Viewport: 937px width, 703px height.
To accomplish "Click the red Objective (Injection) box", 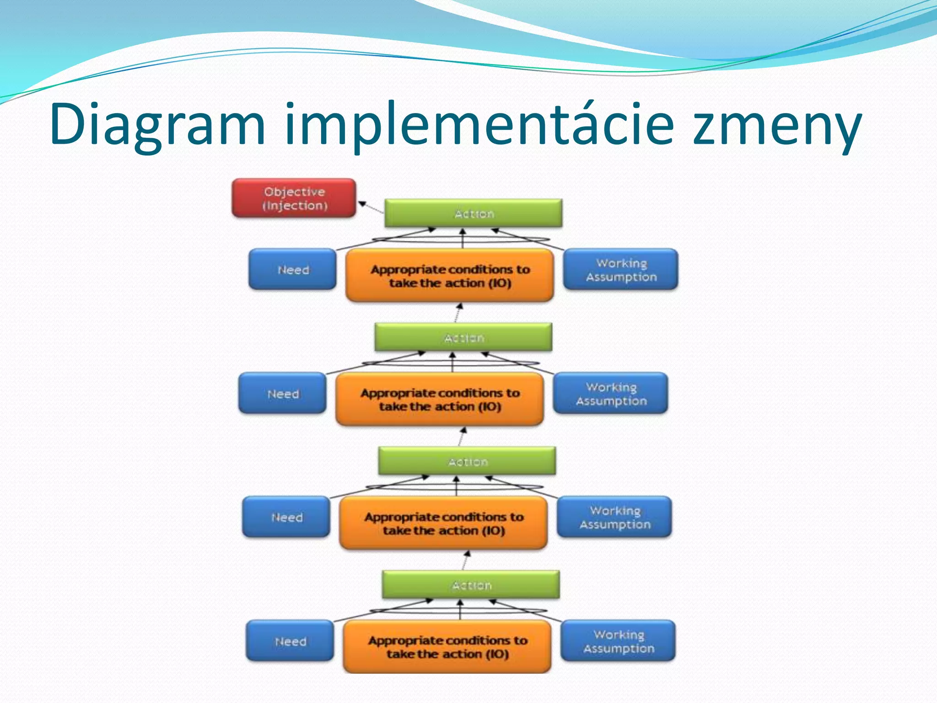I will pos(294,198).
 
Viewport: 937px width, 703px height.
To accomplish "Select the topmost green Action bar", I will pos(473,213).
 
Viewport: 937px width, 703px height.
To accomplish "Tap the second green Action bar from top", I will pos(463,337).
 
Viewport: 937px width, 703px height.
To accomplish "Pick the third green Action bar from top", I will pos(467,461).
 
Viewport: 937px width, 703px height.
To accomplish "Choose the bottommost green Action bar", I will pos(471,585).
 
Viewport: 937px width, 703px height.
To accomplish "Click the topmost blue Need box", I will pos(292,270).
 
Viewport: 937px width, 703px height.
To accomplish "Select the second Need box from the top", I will pos(282,394).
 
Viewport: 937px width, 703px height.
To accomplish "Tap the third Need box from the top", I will pos(286,517).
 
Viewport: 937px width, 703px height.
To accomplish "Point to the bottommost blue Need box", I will pos(290,641).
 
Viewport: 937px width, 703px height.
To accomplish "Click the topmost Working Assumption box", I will pos(620,270).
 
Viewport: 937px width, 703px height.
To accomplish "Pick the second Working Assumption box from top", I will pos(610,394).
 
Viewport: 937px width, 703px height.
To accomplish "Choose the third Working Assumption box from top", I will pos(614,517).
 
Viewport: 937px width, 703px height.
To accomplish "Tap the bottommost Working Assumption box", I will pos(618,641).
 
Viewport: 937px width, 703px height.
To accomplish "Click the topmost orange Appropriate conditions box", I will pos(449,276).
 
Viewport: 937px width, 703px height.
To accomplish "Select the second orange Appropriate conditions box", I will pos(439,399).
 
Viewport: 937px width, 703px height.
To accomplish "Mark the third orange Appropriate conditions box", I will pos(443,523).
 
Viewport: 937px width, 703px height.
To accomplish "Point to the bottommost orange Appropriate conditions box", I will pos(447,647).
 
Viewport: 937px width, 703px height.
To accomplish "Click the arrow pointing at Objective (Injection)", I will pos(371,207).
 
